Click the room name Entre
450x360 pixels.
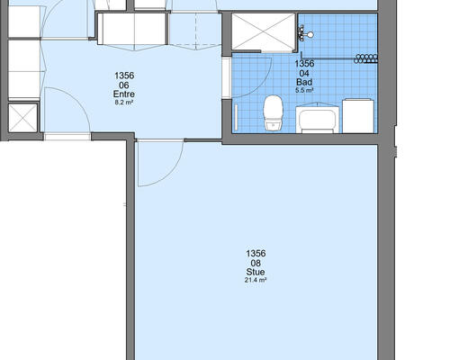[x=124, y=94]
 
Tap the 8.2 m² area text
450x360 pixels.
[x=124, y=103]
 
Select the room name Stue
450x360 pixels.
[x=256, y=272]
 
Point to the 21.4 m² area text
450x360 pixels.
[x=256, y=280]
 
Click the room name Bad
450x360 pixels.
[x=304, y=82]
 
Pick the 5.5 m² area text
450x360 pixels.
[x=304, y=90]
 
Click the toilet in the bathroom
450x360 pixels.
[x=273, y=112]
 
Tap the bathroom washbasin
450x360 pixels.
[x=318, y=118]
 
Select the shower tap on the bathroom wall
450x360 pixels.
[x=305, y=34]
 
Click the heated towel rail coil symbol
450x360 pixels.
[x=365, y=58]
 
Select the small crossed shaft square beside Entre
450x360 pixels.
[x=22, y=118]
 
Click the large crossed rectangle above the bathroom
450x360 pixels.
[x=264, y=31]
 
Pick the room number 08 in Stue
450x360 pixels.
[x=256, y=263]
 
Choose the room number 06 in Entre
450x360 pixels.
[x=124, y=85]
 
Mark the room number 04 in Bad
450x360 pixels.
[x=304, y=73]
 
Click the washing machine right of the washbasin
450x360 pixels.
[x=358, y=115]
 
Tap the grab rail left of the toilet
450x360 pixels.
[x=236, y=118]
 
